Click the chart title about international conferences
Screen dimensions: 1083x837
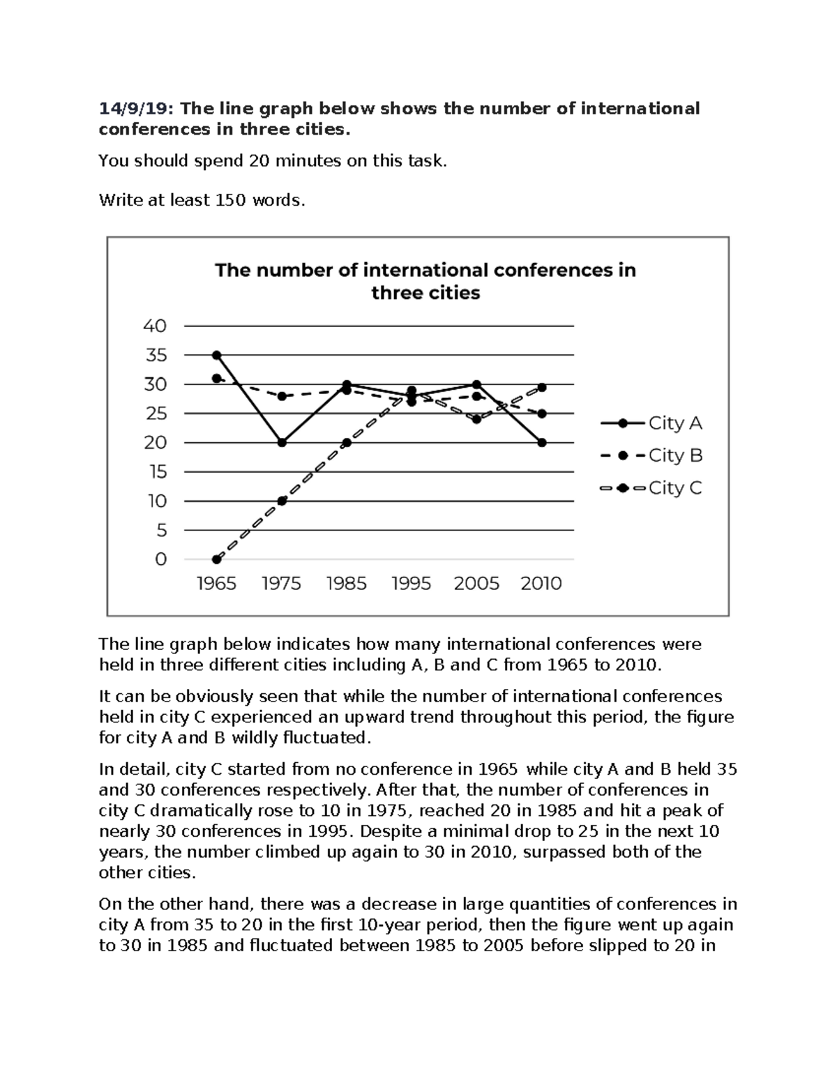click(425, 281)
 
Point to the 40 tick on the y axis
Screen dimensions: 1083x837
click(155, 326)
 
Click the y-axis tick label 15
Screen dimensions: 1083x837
click(156, 472)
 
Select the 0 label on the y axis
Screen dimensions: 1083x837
click(160, 559)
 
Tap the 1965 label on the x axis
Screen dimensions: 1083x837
click(216, 584)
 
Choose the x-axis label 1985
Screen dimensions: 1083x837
click(346, 584)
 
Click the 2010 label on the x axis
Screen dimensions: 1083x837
click(541, 584)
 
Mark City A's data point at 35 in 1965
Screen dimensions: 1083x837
click(217, 355)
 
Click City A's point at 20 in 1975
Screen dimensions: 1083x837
click(282, 442)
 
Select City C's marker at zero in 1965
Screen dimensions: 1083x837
click(217, 559)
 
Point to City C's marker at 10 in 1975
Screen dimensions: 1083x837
click(282, 501)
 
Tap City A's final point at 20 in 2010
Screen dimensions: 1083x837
click(542, 442)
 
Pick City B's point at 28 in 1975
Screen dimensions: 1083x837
click(282, 396)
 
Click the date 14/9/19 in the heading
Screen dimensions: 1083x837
click(137, 109)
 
